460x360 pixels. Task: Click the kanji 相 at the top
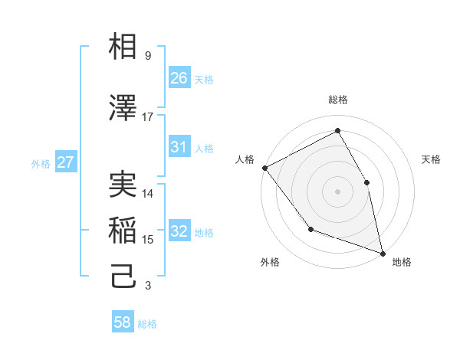click(x=123, y=47)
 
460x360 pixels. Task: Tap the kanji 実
click(x=123, y=185)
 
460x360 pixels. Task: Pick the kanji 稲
click(x=123, y=231)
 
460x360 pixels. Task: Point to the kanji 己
click(x=123, y=277)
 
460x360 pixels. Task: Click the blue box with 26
click(x=179, y=78)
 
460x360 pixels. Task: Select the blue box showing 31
click(x=179, y=147)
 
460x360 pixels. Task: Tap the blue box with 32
click(x=179, y=231)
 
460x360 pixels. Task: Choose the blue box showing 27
click(x=66, y=162)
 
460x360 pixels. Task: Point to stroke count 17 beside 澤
click(x=148, y=117)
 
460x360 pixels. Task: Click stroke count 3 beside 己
click(x=148, y=286)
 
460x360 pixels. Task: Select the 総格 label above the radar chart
click(x=338, y=100)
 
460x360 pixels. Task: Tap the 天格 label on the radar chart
click(x=431, y=159)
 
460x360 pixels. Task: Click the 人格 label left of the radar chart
click(x=245, y=159)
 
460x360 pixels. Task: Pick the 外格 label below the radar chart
click(x=270, y=263)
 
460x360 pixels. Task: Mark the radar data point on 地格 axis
click(x=383, y=253)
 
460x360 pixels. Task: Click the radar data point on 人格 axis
click(x=264, y=168)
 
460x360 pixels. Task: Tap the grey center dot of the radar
click(x=338, y=191)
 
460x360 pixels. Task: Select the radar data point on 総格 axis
click(x=338, y=131)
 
